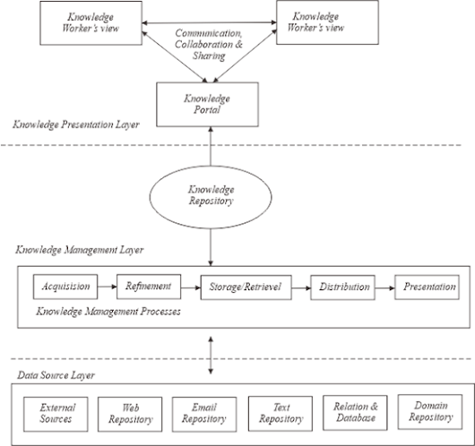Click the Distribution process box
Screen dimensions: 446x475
(342, 288)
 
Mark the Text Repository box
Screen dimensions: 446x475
(279, 412)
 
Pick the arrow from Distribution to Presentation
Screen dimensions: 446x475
(384, 288)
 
